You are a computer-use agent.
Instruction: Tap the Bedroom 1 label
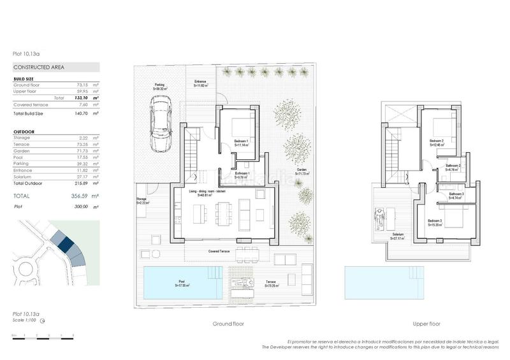(x=241, y=140)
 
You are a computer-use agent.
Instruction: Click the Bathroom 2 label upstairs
(x=453, y=166)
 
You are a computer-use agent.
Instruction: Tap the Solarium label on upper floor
(x=398, y=234)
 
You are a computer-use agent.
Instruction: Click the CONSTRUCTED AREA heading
(x=38, y=66)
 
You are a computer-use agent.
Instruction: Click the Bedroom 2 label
(x=436, y=141)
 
